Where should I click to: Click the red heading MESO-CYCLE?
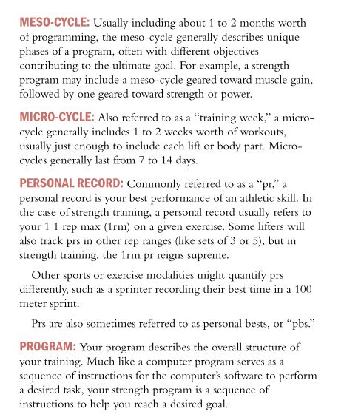55,22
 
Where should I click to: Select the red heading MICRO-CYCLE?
56,117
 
